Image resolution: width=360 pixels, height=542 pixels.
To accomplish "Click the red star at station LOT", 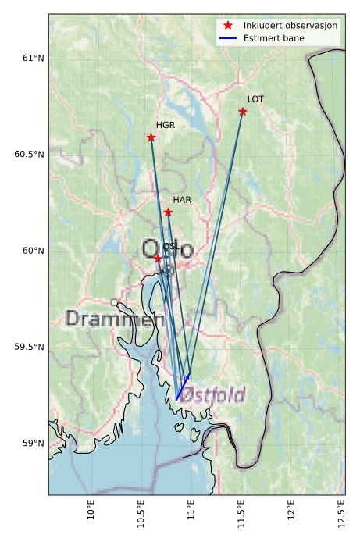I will [243, 112].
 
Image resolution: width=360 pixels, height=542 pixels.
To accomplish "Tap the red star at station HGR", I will [151, 137].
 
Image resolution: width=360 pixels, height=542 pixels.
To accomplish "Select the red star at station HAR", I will [168, 212].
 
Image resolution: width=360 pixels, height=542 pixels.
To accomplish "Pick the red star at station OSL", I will [158, 258].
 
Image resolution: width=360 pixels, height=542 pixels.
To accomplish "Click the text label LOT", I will [255, 99].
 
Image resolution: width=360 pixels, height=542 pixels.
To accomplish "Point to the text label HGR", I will [165, 125].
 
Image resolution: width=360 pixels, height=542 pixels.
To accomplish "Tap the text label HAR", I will [182, 201].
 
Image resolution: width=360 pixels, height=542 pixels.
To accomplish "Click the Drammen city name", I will [115, 319].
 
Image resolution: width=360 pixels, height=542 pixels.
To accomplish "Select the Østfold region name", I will [212, 394].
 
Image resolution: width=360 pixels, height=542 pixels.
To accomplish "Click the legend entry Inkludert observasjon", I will [290, 25].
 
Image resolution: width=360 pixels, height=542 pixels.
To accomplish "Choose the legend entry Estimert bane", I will [274, 37].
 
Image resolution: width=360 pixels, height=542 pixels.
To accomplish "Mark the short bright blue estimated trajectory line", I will [183, 387].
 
